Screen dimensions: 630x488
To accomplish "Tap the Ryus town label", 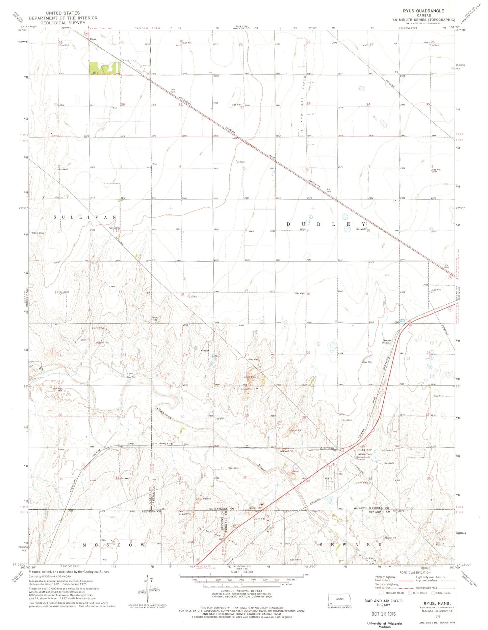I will [x=93, y=39].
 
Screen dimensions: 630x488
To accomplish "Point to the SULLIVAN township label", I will [x=85, y=218].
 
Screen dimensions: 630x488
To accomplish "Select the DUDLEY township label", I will [x=326, y=224].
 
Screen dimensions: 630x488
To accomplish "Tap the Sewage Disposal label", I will [x=387, y=342].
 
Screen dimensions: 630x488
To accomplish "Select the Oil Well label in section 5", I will [x=240, y=162].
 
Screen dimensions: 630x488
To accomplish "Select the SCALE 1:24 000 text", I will [x=241, y=572].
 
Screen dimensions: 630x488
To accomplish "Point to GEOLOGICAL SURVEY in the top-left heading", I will [x=63, y=23].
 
